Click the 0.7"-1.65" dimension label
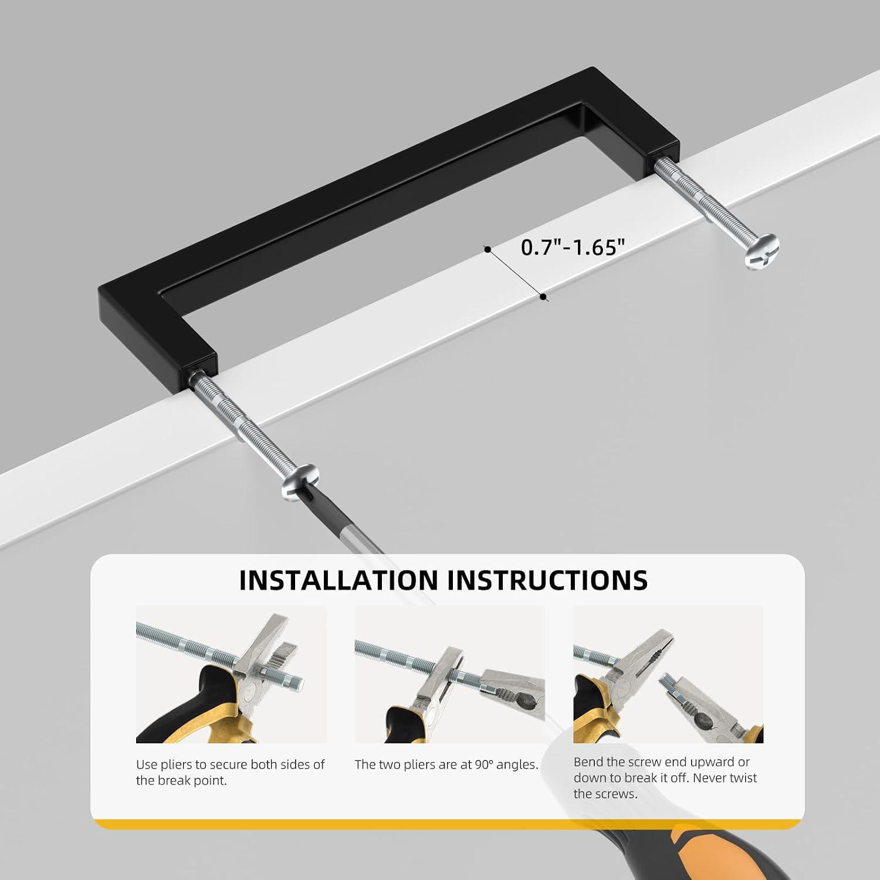pos(572,247)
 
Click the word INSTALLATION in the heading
pos(339,580)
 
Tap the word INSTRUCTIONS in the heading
pos(547,580)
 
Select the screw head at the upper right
pos(761,251)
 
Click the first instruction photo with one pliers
pos(231,674)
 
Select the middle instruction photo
pos(449,674)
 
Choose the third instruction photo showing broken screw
pos(668,674)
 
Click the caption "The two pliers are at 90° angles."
pos(446,764)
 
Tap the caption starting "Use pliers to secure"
pos(230,772)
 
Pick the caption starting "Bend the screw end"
pos(665,777)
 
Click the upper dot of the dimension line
pos(488,249)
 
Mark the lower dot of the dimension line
pos(544,297)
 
